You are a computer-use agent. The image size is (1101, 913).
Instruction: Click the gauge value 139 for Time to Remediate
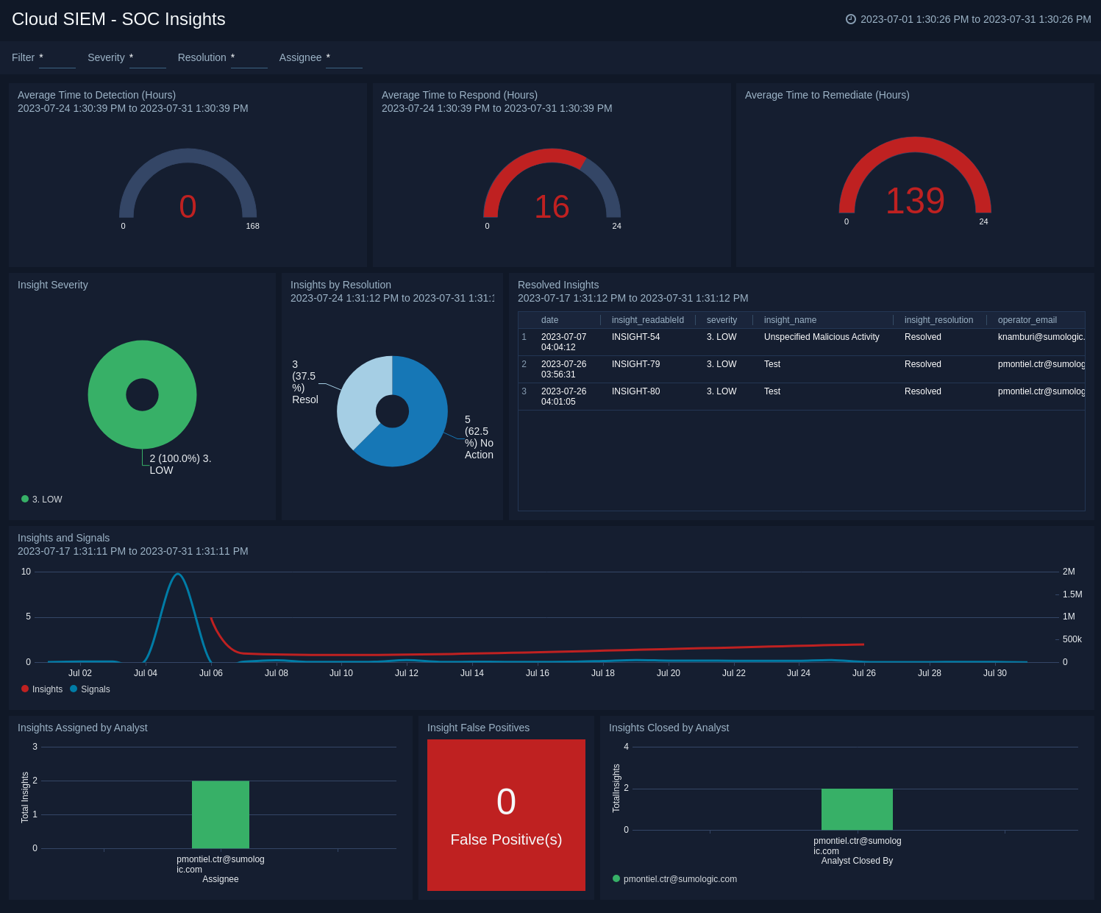914,201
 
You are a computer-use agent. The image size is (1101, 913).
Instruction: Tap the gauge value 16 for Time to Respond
552,207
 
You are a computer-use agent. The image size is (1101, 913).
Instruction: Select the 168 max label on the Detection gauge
252,226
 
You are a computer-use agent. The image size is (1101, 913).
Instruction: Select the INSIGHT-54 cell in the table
635,337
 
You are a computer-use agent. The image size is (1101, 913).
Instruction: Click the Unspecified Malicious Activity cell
821,337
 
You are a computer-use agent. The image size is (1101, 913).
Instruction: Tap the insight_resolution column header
938,320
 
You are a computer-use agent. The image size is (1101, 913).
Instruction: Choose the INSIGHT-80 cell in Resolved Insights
635,391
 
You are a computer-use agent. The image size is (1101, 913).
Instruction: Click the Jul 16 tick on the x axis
537,673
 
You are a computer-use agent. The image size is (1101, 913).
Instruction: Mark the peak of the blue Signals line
177,574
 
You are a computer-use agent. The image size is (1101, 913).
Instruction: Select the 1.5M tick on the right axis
1072,594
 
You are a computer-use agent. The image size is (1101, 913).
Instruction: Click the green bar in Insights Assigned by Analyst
220,814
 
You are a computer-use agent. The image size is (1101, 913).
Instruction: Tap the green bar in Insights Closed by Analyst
857,809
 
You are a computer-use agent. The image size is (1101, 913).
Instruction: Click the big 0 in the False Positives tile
506,802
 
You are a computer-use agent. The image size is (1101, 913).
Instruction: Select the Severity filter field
147,57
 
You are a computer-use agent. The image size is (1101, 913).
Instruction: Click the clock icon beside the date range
851,19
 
